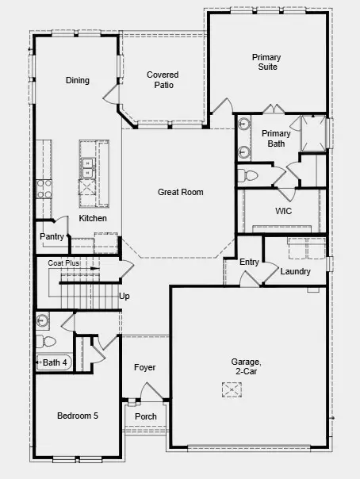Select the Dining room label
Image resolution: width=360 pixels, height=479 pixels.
coord(77,80)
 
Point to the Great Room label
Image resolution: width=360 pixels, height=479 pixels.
coord(180,192)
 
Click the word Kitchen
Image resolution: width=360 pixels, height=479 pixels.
coord(92,219)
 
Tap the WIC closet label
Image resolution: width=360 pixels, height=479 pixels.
coord(284,212)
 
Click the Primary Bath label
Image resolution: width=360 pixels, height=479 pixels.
coord(275,139)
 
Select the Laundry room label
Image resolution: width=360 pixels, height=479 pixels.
coord(295,272)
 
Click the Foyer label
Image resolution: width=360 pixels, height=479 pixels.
coord(144,368)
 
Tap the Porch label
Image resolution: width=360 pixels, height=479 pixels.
coord(145,416)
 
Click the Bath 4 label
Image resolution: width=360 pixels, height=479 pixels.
coord(55,363)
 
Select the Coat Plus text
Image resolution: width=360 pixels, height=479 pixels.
coord(63,262)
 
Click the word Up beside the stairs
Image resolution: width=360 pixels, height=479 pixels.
coord(124,297)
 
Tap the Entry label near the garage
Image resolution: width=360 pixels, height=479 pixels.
coord(249,262)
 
